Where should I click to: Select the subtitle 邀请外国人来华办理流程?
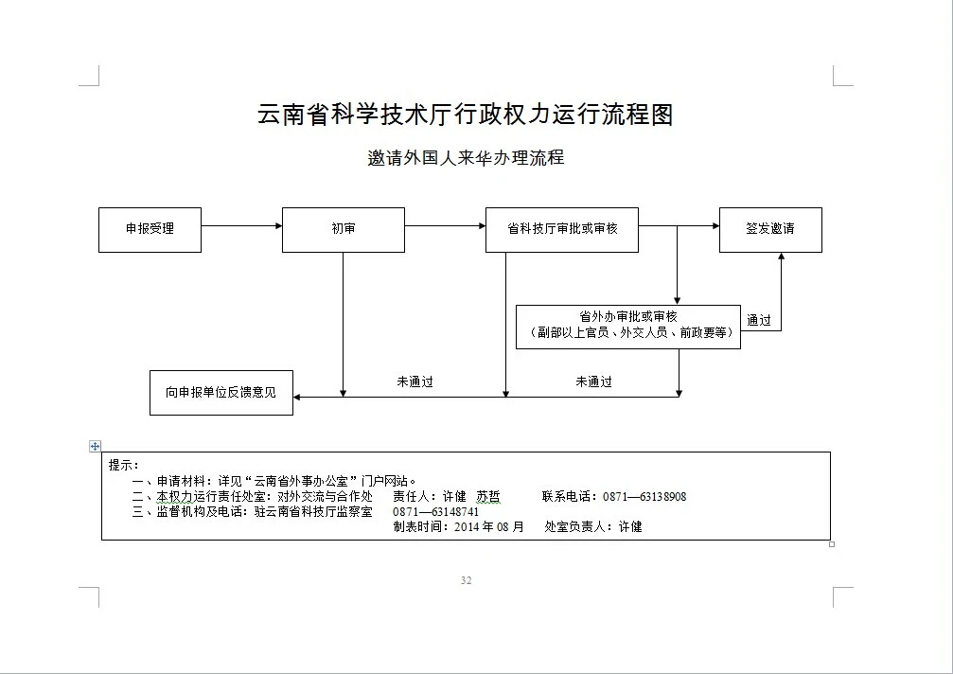[x=466, y=157]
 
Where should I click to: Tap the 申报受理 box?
[x=150, y=229]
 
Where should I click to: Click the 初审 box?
[x=343, y=229]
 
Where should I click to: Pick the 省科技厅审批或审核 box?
[x=561, y=229]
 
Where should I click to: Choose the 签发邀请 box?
[x=769, y=229]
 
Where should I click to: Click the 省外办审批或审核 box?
[x=627, y=326]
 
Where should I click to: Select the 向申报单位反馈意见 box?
[x=221, y=392]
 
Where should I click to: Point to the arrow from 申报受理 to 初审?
[x=241, y=225]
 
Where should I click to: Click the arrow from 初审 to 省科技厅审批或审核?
[x=444, y=225]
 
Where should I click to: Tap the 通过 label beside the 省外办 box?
[x=759, y=320]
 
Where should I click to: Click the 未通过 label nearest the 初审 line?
[x=415, y=381]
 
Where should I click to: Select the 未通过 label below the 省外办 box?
[x=593, y=381]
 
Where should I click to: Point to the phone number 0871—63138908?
[x=644, y=496]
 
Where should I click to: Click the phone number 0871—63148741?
[x=435, y=511]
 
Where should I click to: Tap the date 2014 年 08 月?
[x=488, y=526]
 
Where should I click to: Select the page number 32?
[x=466, y=580]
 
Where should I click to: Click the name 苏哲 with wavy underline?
[x=488, y=496]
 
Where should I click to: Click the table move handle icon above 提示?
[x=95, y=446]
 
